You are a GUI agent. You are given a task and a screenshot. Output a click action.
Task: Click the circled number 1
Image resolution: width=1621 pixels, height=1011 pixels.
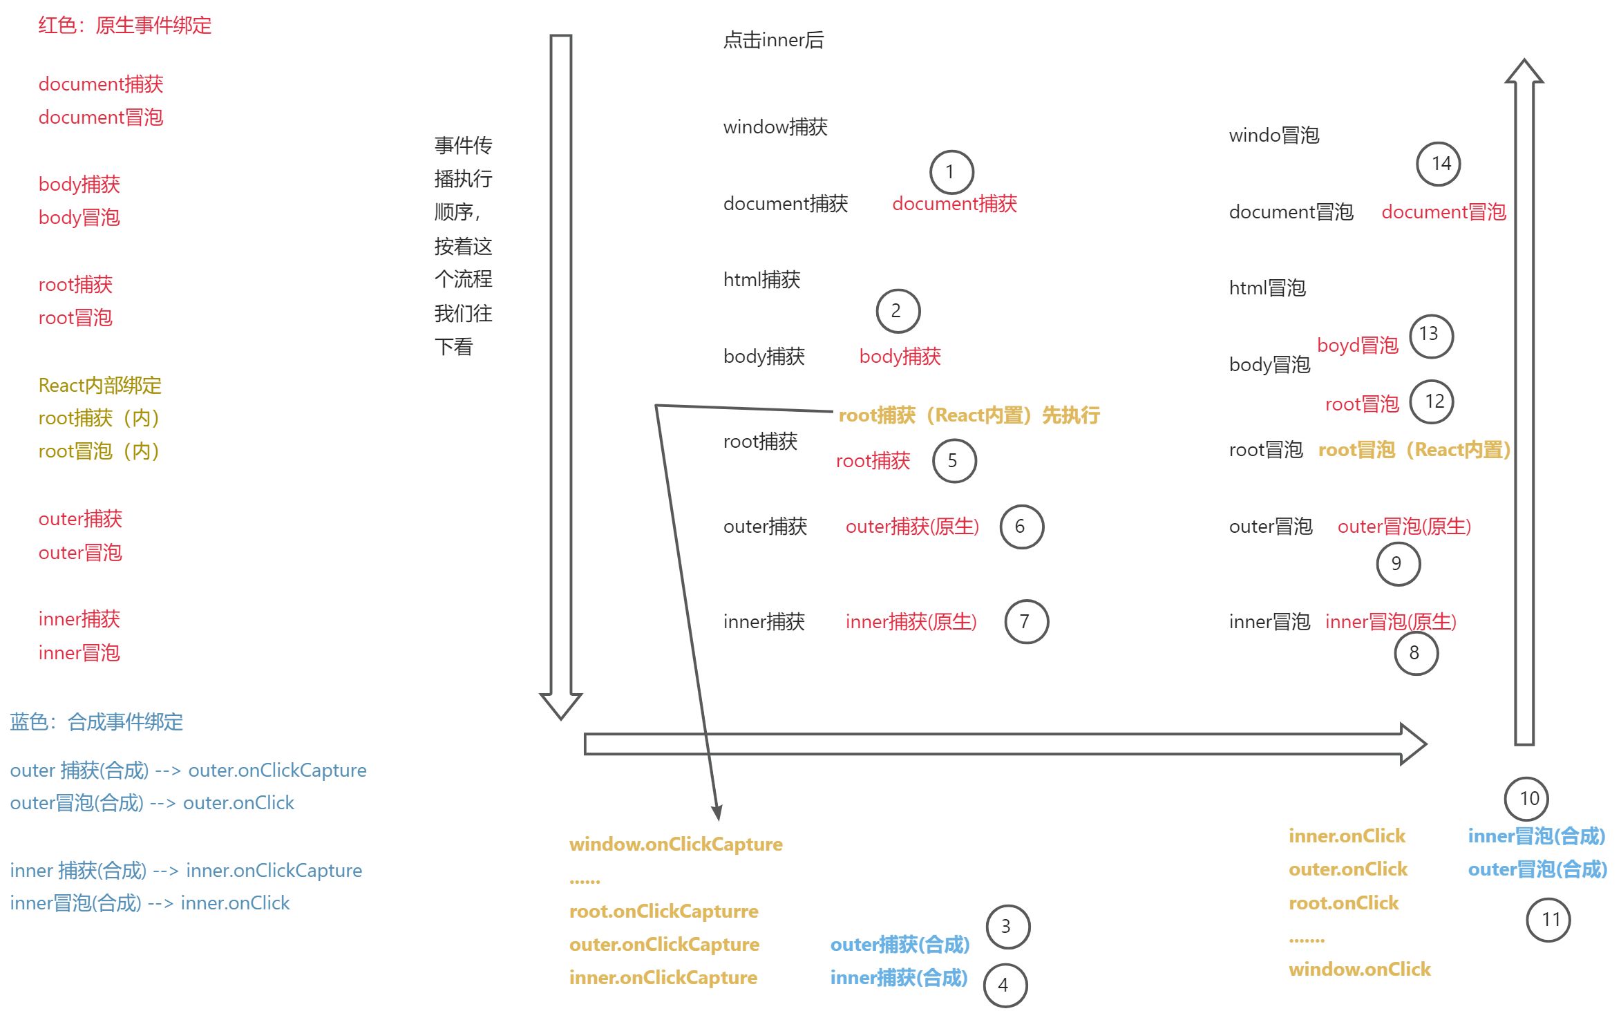(951, 172)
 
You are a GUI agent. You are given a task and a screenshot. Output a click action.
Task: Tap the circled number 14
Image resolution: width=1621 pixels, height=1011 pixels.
(1440, 164)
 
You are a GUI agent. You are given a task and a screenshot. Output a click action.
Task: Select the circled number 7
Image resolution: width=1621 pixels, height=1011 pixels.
(1025, 622)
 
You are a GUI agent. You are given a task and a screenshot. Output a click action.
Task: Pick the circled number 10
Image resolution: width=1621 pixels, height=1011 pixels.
(1528, 799)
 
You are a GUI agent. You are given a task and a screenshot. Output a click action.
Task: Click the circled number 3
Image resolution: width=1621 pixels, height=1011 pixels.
(1006, 927)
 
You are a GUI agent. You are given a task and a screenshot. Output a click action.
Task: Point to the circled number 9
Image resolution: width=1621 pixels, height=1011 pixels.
(1397, 564)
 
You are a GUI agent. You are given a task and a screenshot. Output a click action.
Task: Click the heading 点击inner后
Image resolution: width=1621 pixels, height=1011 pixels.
(773, 40)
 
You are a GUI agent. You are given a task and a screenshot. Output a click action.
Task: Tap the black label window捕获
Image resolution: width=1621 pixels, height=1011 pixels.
(775, 127)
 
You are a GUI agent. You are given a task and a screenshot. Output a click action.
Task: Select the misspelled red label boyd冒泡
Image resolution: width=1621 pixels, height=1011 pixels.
(1357, 345)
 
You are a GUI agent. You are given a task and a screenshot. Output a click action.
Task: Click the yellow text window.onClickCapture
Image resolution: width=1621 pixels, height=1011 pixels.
(676, 844)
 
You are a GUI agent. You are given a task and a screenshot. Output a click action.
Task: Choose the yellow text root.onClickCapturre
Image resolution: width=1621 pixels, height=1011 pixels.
(663, 911)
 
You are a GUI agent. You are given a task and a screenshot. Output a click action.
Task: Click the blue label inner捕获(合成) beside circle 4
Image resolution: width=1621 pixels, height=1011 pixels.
(898, 978)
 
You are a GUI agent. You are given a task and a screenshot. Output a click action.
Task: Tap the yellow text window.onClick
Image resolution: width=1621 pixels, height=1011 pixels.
(1359, 970)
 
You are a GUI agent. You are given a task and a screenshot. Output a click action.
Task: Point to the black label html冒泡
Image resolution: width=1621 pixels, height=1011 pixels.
(1267, 288)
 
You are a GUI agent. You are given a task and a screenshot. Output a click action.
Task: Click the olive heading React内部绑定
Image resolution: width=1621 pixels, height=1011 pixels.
(100, 386)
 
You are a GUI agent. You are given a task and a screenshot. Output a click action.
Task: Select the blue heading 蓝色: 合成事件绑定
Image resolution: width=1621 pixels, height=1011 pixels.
(97, 722)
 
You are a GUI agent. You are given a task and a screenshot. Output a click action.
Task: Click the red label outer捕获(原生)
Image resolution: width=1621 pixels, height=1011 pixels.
(912, 527)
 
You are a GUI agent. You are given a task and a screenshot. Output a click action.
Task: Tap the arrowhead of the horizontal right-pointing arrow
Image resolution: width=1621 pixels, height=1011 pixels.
(1414, 744)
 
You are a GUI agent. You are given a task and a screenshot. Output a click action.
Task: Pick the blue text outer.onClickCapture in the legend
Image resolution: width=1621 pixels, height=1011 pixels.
(277, 771)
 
